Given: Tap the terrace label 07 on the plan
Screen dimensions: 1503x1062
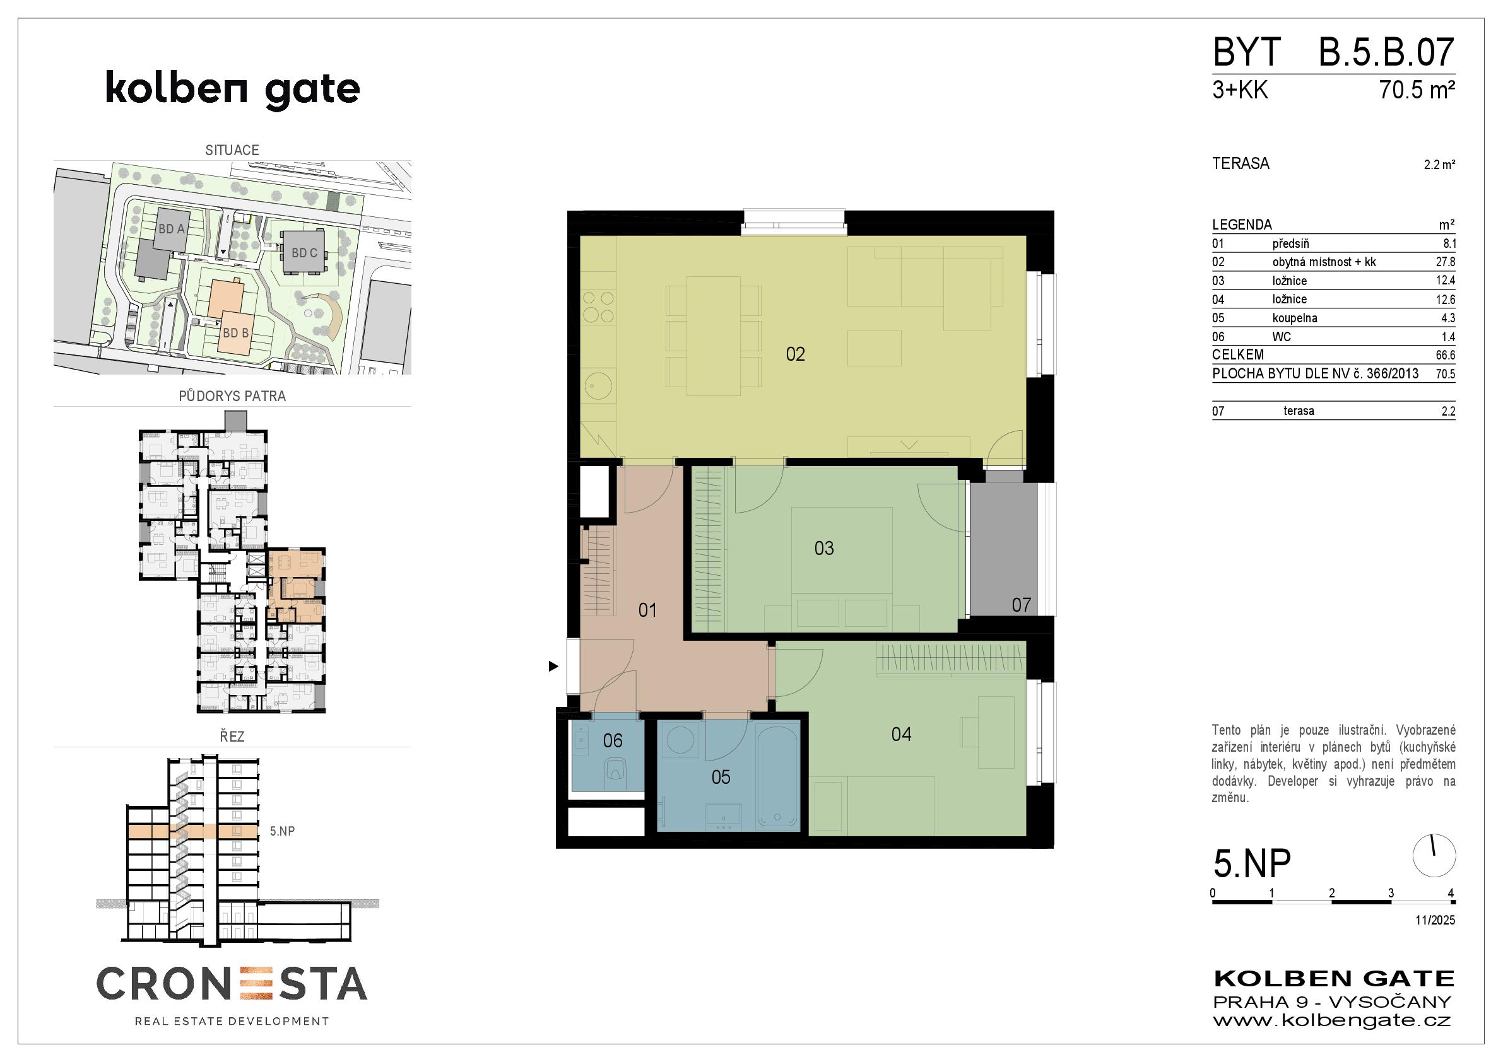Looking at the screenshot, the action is click(1021, 605).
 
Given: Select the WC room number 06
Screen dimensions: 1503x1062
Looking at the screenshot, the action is click(613, 740).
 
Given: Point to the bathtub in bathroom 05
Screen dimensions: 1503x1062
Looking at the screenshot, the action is click(777, 776).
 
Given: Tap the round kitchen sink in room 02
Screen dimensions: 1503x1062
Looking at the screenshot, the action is click(598, 385).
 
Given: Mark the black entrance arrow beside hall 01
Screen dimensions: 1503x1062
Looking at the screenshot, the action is click(554, 666).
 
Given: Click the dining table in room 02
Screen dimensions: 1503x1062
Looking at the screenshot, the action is click(714, 336).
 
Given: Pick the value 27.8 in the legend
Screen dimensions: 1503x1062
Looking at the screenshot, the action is click(1446, 262).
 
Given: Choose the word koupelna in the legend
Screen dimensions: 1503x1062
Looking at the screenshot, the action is click(1295, 318).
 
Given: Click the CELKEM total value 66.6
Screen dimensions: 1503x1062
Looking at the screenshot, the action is click(1446, 355).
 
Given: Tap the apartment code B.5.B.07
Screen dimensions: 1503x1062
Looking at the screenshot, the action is click(1386, 52).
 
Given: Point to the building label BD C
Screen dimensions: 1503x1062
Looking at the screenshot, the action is click(304, 253).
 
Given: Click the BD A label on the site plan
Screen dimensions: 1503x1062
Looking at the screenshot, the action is click(172, 229).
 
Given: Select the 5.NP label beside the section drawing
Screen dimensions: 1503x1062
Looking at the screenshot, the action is click(282, 831).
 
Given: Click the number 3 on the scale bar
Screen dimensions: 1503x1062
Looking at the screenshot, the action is click(1391, 892).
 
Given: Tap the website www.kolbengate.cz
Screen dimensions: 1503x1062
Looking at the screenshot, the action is click(1332, 1020).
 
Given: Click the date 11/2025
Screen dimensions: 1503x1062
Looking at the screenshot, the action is click(1435, 919).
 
